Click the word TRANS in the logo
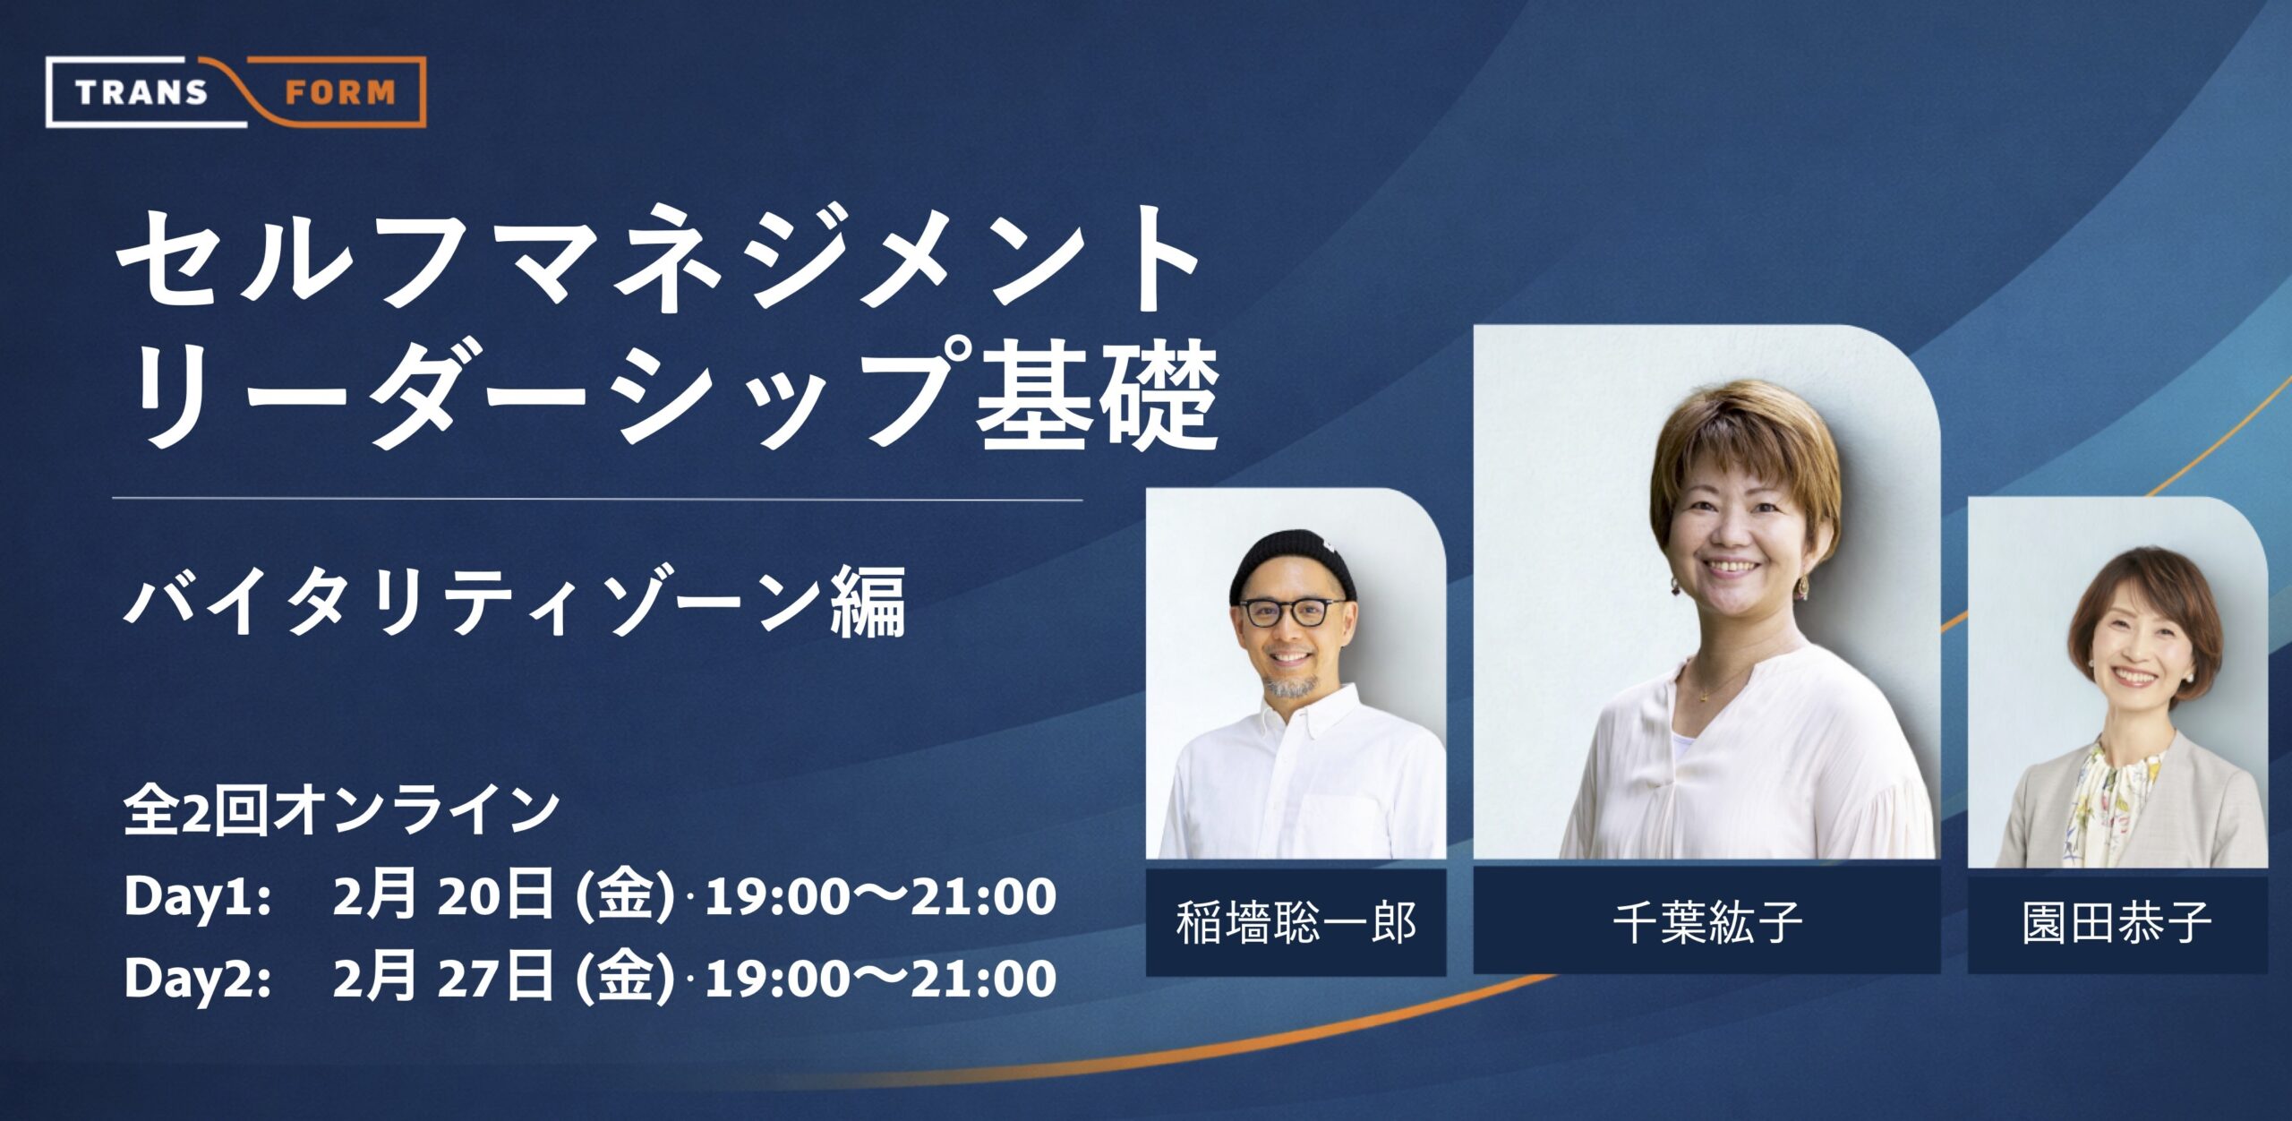point(141,92)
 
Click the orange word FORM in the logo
point(340,92)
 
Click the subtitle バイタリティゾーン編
point(515,601)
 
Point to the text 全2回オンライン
point(341,809)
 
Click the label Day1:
point(198,897)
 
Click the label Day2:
point(198,979)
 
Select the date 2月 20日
point(443,896)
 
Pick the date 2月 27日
point(443,978)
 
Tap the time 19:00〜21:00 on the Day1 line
point(880,897)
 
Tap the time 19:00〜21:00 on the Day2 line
point(880,979)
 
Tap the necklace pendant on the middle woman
point(1705,694)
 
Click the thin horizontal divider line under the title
point(597,499)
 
